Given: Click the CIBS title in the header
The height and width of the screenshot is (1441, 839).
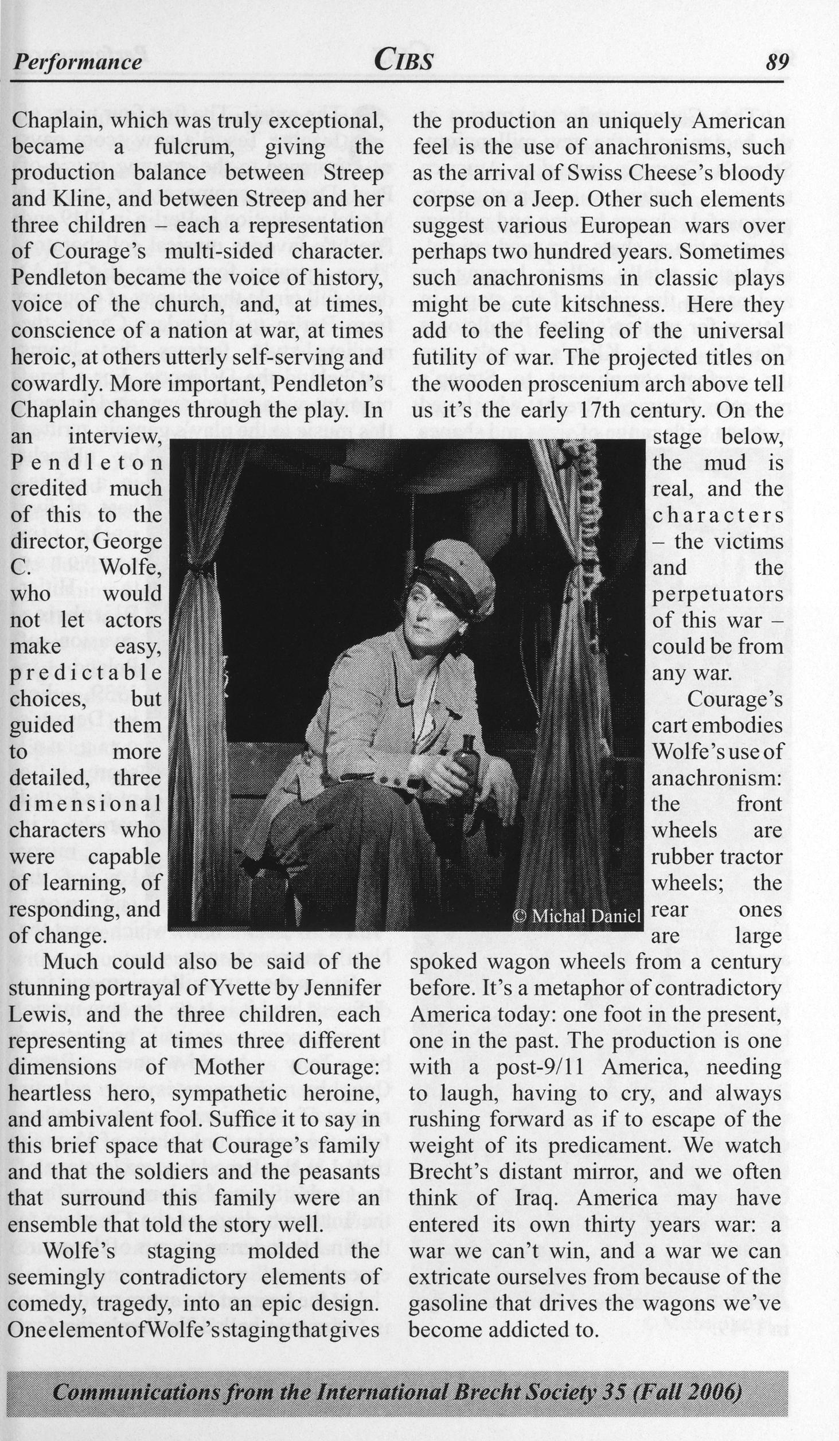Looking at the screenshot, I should pyautogui.click(x=403, y=60).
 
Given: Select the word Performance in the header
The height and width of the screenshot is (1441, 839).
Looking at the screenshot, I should pyautogui.click(x=77, y=62).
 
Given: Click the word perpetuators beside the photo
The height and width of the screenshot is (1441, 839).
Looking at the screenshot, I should pyautogui.click(x=717, y=594).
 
